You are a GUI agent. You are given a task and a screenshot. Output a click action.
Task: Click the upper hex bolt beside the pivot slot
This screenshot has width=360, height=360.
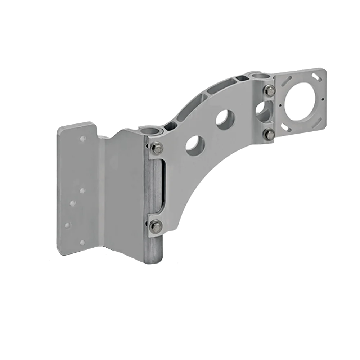pos(156,148)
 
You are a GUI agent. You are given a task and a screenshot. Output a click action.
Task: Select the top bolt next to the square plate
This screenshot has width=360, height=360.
pos(269,91)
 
